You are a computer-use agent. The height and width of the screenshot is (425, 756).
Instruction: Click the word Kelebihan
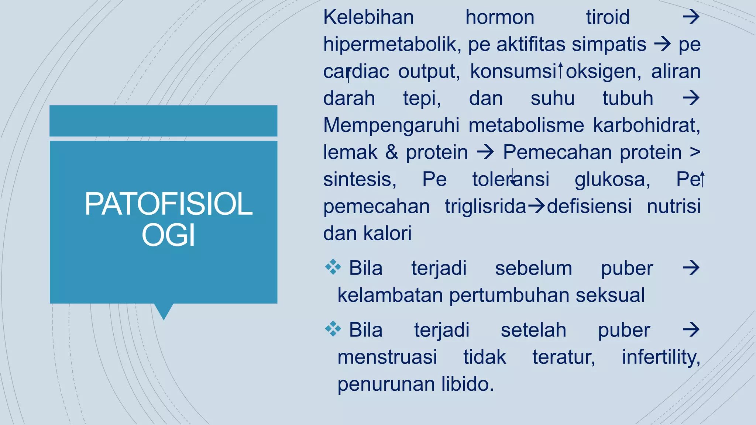click(x=368, y=17)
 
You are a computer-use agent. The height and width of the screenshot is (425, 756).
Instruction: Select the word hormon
click(x=500, y=17)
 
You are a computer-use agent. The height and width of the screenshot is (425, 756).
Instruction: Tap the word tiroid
click(x=608, y=17)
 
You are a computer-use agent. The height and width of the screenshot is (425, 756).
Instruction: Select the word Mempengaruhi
click(x=391, y=125)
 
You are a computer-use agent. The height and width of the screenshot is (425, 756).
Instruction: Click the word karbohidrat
click(x=647, y=125)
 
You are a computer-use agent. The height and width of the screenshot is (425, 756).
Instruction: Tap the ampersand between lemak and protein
click(x=392, y=152)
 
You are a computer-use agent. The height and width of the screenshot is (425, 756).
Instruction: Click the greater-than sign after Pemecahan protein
click(x=695, y=152)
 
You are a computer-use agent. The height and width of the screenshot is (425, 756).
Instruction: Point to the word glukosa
click(x=612, y=180)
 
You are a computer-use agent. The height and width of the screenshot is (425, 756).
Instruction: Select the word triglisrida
click(x=485, y=206)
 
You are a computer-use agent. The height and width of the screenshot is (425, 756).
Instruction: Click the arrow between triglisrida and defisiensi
click(x=536, y=206)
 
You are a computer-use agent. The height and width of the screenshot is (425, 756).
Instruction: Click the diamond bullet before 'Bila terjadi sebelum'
click(x=333, y=267)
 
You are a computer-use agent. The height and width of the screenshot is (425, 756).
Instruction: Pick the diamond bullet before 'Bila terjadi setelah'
click(x=333, y=329)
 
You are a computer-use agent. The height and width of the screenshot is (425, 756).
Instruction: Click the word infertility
click(x=661, y=357)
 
